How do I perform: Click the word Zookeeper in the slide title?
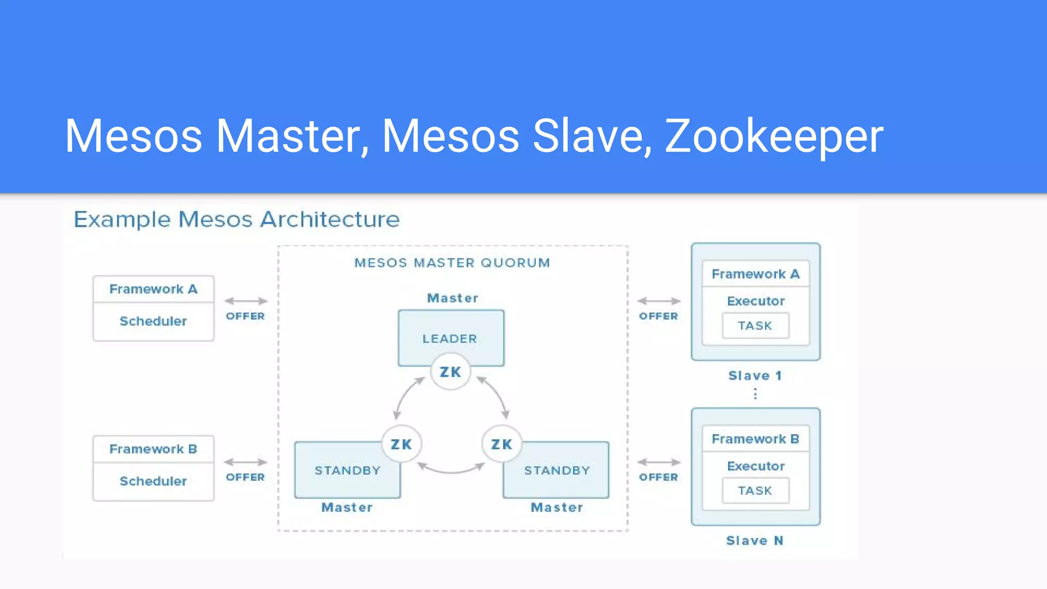point(773,136)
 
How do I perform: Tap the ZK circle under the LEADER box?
point(450,372)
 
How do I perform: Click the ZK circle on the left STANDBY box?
point(401,444)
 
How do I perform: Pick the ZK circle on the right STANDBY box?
point(502,444)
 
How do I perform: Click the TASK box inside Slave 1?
point(755,326)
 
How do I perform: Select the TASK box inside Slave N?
point(755,491)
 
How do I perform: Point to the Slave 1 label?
point(755,376)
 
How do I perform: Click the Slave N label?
point(755,541)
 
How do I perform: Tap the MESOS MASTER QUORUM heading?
point(452,263)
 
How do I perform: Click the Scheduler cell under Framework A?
point(153,322)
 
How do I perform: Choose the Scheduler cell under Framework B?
point(153,482)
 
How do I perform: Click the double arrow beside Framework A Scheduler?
point(245,301)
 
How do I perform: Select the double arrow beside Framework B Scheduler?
point(245,462)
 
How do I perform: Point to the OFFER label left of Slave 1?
point(658,316)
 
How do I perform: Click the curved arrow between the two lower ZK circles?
point(451,470)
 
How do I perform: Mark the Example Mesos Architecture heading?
point(236,219)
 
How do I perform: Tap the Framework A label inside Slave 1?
point(755,274)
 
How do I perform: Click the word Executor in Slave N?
point(755,466)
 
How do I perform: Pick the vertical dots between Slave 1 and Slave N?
point(755,394)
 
